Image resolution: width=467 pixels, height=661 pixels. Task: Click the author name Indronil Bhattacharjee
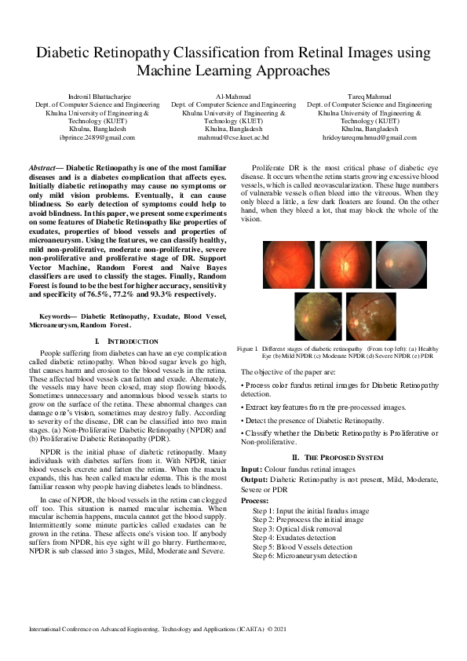[97, 94]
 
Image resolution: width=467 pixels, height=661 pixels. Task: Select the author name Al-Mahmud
[233, 94]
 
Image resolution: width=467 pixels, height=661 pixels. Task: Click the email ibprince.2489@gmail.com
[97, 137]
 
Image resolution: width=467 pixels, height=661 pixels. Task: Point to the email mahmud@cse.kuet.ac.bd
[233, 137]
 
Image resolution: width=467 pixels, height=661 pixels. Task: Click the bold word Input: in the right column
[254, 469]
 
